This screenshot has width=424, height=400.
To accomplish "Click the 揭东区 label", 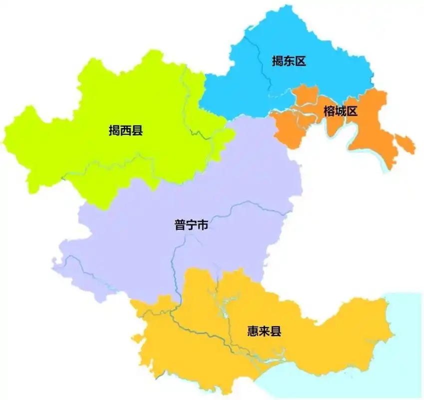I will pyautogui.click(x=288, y=61).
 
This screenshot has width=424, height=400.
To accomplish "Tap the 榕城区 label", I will pyautogui.click(x=341, y=111).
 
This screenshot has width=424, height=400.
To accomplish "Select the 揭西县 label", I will pyautogui.click(x=126, y=131).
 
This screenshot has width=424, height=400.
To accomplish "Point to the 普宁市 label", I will pyautogui.click(x=191, y=225).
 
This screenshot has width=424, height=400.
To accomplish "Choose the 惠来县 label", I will pyautogui.click(x=264, y=331).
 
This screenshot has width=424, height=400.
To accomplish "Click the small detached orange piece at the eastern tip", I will pyautogui.click(x=406, y=144).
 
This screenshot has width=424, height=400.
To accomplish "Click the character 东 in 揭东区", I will pyautogui.click(x=288, y=61).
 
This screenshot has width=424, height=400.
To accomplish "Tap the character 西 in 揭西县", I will pyautogui.click(x=126, y=131).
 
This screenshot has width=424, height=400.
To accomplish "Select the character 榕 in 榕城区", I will pyautogui.click(x=329, y=111).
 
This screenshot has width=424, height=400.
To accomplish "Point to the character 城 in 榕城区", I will pyautogui.click(x=341, y=111).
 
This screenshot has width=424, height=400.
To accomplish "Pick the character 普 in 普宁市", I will pyautogui.click(x=180, y=225).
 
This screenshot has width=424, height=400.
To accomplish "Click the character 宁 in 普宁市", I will pyautogui.click(x=191, y=225).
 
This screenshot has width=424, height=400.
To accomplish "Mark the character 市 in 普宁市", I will pyautogui.click(x=202, y=225).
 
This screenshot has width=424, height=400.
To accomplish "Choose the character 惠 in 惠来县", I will pyautogui.click(x=253, y=331).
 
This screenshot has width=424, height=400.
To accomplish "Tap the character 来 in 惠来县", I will pyautogui.click(x=264, y=331).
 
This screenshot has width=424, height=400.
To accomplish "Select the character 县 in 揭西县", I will pyautogui.click(x=137, y=131).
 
